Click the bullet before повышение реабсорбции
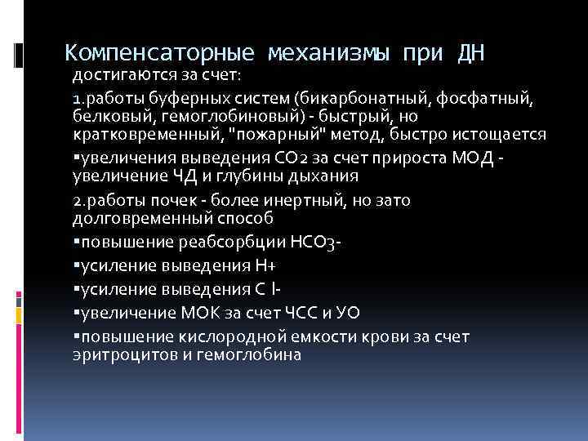(x=74, y=241)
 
